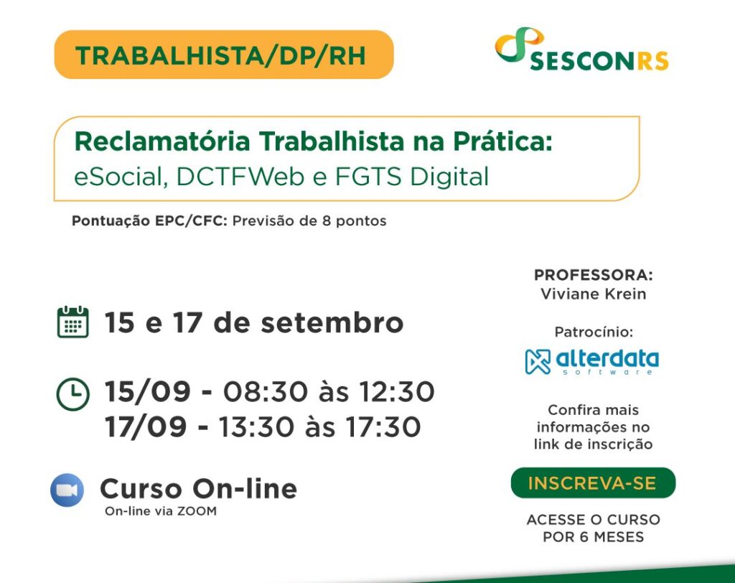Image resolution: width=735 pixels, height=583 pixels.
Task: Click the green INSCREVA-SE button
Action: [593, 482]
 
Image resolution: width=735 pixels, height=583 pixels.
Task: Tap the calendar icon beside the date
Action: [72, 322]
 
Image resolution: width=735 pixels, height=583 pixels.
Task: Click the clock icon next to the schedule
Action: [72, 394]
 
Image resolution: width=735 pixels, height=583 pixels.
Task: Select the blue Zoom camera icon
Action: [67, 490]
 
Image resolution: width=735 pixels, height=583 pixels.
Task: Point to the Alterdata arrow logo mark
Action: [538, 362]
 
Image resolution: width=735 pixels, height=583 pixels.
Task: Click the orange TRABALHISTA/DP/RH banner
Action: [224, 55]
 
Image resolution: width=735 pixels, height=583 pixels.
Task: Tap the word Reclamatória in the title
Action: [162, 141]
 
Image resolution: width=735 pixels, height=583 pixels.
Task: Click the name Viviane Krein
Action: [594, 294]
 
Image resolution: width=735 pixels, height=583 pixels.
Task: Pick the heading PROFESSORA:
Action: [594, 275]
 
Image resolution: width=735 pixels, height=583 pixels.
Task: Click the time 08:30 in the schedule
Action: [265, 392]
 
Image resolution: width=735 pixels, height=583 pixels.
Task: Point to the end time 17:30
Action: [383, 427]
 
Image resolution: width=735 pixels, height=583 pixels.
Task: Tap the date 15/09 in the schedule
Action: [147, 392]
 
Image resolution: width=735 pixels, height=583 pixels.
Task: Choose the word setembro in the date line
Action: [332, 323]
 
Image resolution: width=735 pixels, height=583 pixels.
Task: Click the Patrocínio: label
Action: [594, 332]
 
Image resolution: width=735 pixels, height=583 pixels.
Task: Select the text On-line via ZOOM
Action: [161, 511]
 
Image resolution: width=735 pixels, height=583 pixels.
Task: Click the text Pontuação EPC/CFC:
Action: [149, 221]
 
